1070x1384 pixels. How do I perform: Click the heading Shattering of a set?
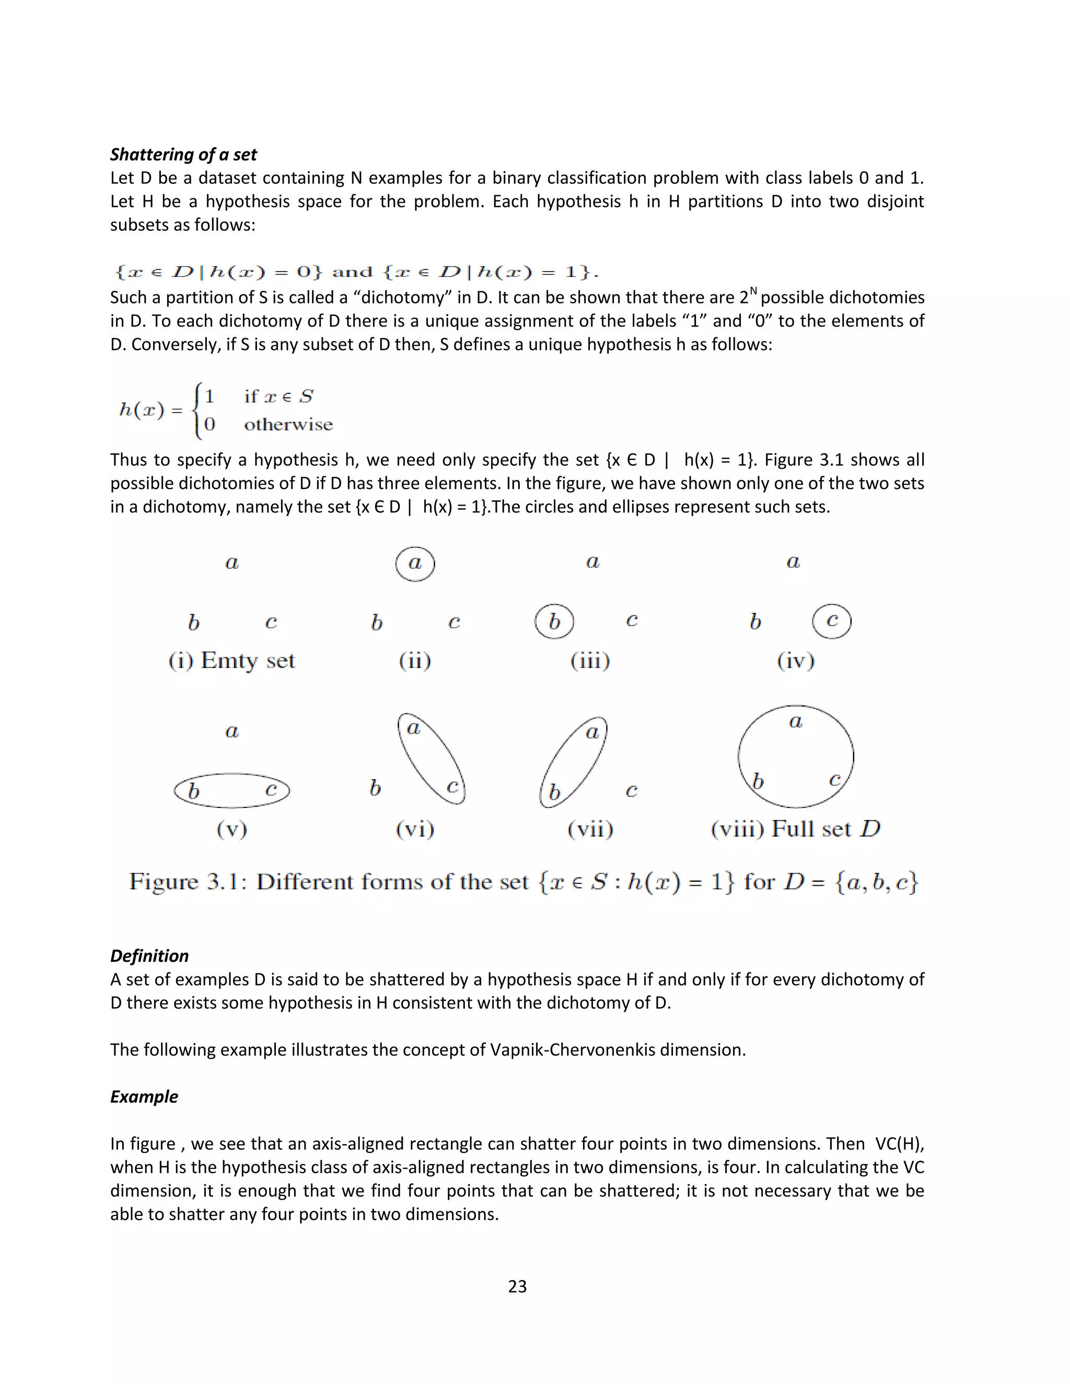(x=183, y=155)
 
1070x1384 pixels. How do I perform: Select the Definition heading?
(x=149, y=956)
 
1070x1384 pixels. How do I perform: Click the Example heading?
(x=144, y=1096)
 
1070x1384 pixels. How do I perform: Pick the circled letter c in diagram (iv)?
(x=832, y=621)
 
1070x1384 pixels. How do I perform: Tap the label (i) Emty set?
(x=231, y=661)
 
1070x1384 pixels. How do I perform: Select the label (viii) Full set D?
(x=796, y=829)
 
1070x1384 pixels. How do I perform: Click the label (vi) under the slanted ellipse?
(x=415, y=829)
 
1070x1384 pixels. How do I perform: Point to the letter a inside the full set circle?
(x=796, y=722)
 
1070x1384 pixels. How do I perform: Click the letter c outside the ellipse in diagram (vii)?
(x=631, y=791)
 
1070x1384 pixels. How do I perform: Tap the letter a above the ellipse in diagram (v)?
(x=232, y=732)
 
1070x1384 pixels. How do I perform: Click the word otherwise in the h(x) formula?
(x=288, y=425)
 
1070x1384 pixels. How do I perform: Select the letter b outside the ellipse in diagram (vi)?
(x=375, y=788)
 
